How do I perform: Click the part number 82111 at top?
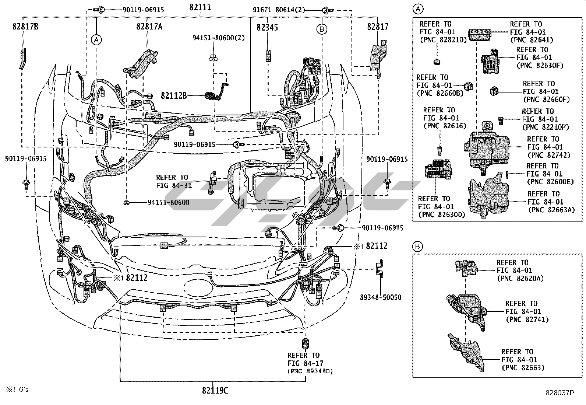click(200, 7)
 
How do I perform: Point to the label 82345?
click(267, 27)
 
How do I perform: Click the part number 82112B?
click(173, 96)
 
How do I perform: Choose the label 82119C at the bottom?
click(215, 391)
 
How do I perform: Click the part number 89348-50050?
click(381, 297)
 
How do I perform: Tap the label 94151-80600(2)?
click(219, 38)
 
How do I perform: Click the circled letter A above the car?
click(96, 39)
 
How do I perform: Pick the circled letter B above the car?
click(322, 29)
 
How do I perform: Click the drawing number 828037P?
click(560, 393)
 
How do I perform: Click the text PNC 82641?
click(532, 40)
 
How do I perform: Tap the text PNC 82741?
click(527, 320)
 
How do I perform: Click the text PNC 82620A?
click(520, 279)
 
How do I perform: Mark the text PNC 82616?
click(445, 126)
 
